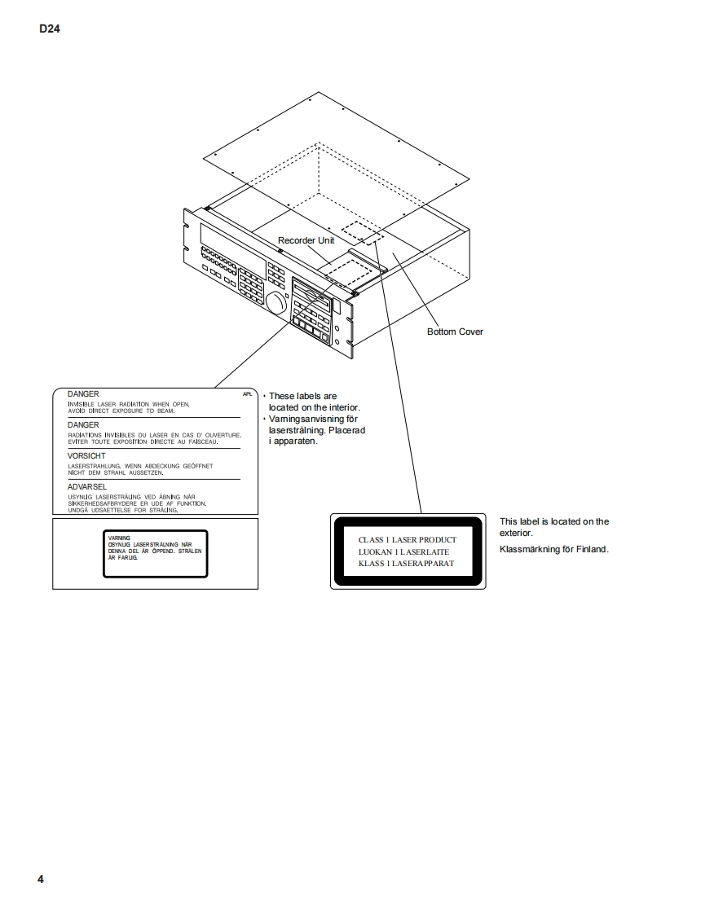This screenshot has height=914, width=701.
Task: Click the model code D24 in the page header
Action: coord(50,30)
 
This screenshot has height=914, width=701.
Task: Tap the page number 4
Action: coord(41,879)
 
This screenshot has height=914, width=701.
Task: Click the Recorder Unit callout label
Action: coord(306,240)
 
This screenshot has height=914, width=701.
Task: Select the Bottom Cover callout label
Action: coord(455,332)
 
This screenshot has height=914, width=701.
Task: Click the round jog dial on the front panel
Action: coord(276,304)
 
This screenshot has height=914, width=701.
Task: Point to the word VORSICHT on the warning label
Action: coord(86,455)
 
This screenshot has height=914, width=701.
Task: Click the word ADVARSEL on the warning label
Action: coord(87,486)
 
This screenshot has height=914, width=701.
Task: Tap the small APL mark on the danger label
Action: coord(248,393)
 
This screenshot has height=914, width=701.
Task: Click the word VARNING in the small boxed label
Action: coord(119,538)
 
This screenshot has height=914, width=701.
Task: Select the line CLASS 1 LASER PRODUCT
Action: coord(408,539)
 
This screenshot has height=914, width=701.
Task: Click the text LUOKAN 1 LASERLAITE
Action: coord(403,551)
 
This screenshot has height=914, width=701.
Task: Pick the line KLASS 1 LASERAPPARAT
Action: coord(406,564)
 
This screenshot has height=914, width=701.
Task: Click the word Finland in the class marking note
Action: coord(592,549)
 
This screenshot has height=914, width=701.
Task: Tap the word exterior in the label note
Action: coord(515,533)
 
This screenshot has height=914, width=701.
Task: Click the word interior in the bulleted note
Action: coord(342,407)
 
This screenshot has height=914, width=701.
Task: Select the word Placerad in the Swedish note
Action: coord(346,430)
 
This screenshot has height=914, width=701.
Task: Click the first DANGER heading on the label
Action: coord(83,394)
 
